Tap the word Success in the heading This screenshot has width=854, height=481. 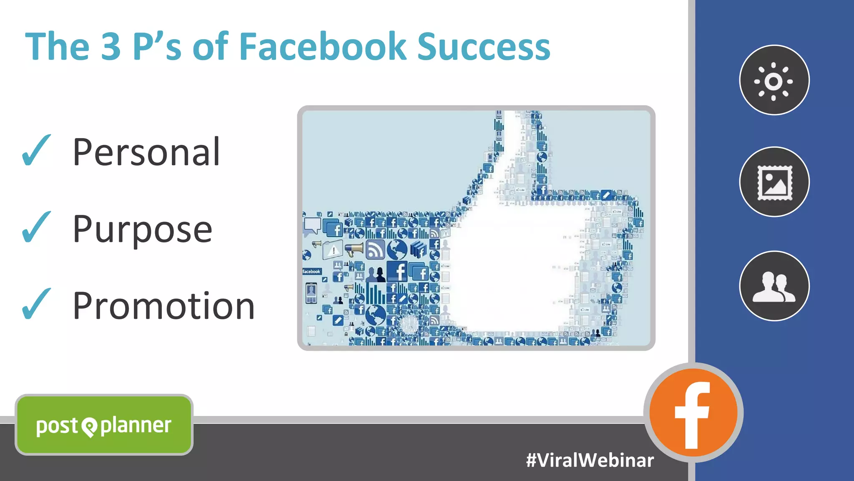484,47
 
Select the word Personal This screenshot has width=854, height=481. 146,152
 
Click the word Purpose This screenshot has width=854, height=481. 142,229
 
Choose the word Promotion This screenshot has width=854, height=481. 163,306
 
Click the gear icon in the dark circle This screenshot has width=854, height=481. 774,81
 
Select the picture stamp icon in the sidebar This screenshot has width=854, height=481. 774,182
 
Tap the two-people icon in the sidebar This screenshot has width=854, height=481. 774,286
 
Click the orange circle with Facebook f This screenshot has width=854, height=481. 693,413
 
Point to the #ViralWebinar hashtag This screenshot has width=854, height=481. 590,461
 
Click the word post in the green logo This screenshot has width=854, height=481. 57,426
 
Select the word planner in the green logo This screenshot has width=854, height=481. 136,426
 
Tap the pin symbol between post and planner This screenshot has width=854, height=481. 89,427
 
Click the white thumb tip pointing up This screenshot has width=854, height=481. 511,125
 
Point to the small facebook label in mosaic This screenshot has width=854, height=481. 311,272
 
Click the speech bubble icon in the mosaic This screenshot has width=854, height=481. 312,225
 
